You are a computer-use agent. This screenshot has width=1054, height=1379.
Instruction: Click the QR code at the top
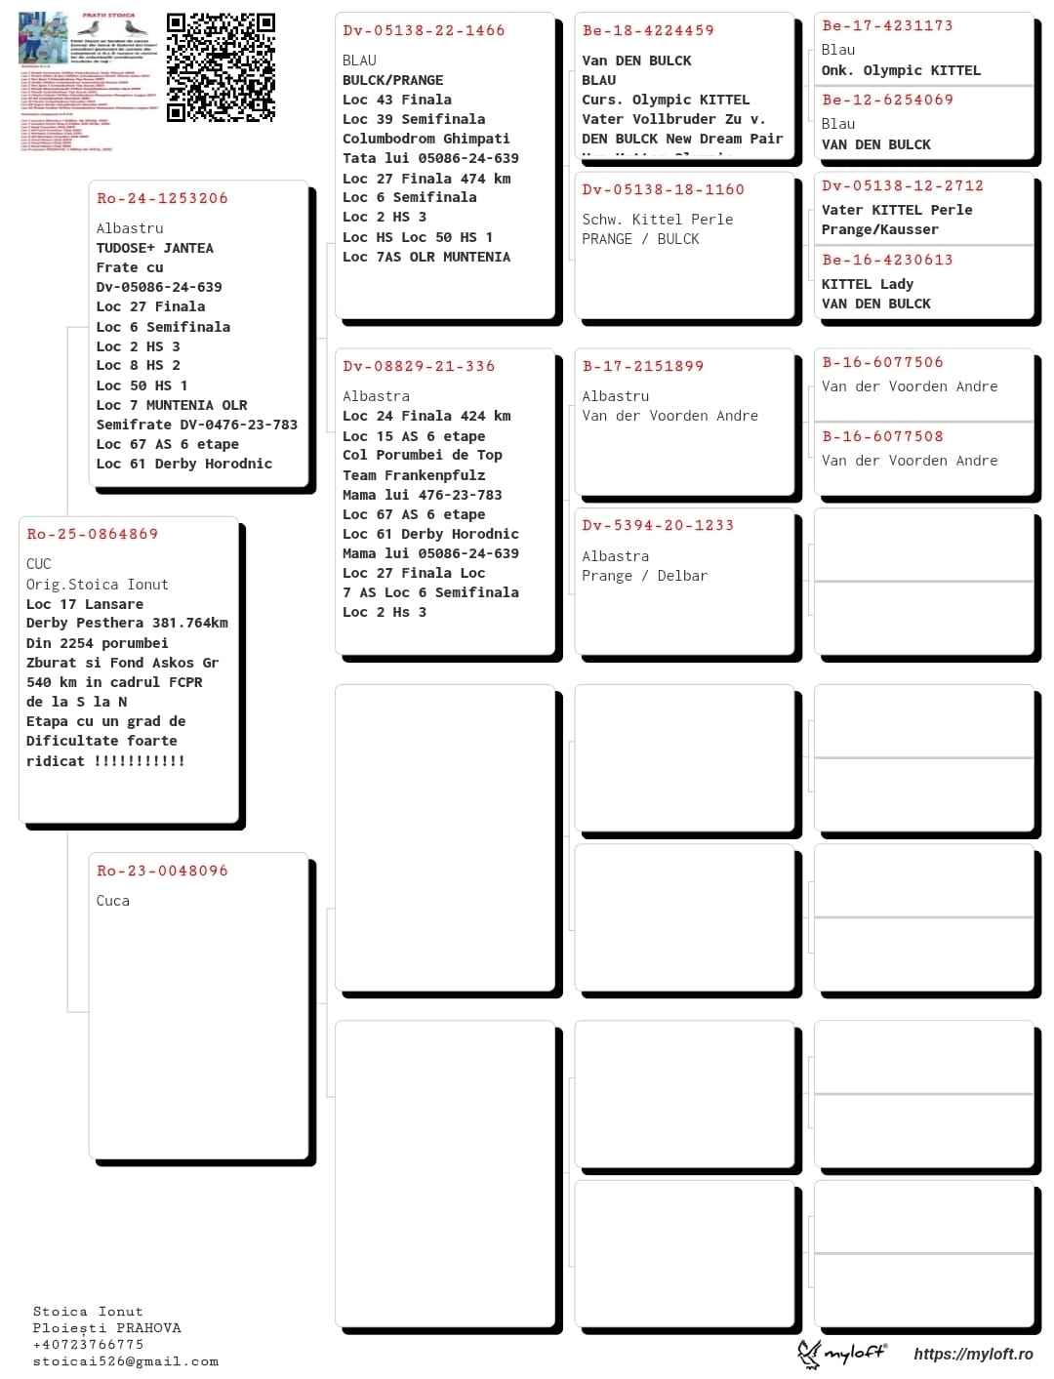221,67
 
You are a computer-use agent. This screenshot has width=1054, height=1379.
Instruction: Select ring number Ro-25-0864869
93,534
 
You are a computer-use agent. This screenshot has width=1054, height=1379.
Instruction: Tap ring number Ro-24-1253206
162,198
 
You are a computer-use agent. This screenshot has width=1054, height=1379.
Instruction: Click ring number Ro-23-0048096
162,871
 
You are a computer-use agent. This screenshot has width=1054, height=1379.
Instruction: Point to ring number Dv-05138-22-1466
424,30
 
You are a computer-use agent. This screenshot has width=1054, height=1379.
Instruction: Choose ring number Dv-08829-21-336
419,366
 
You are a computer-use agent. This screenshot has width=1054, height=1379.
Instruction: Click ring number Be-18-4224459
648,30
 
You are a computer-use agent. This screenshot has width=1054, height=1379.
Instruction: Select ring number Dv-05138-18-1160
663,189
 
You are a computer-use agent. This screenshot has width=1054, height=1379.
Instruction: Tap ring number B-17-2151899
643,366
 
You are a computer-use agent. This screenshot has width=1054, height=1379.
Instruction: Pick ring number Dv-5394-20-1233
658,525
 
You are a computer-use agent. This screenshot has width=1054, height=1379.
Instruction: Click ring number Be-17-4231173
887,25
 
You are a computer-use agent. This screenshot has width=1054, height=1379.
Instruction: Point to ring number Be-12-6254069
887,100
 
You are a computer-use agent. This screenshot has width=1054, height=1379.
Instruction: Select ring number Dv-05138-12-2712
902,185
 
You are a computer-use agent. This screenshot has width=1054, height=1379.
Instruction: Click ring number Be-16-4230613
887,260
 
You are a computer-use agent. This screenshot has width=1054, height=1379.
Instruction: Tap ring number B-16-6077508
882,436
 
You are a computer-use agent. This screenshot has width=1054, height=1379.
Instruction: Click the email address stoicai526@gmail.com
125,1361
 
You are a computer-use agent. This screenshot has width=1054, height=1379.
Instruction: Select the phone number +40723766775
88,1345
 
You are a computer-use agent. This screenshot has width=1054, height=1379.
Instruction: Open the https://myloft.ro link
973,1354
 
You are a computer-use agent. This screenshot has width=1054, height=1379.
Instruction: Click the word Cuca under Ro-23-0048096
113,901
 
